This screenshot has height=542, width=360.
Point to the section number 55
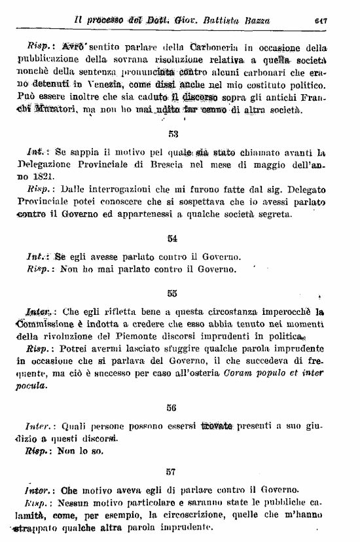point(172,293)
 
